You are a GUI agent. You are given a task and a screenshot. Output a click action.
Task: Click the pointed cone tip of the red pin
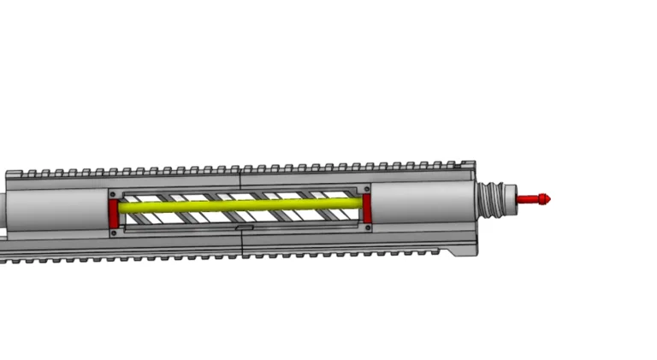point(547,199)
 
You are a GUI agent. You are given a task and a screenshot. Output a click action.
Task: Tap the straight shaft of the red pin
point(530,200)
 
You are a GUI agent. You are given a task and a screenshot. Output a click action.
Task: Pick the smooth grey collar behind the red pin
point(510,199)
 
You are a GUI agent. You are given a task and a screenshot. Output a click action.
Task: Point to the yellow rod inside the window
point(240,205)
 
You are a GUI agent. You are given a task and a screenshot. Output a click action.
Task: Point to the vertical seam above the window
point(240,178)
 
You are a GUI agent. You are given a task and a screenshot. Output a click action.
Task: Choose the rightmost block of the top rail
point(467,163)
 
